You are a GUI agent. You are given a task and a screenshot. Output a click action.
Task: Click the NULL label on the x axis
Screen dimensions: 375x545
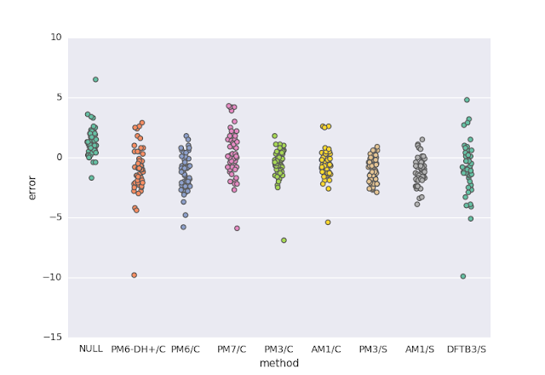pyautogui.click(x=91, y=349)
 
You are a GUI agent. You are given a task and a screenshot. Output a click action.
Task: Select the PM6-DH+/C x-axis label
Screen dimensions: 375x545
pyautogui.click(x=138, y=349)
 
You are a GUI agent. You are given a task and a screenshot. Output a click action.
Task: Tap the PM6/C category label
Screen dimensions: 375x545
pyautogui.click(x=185, y=349)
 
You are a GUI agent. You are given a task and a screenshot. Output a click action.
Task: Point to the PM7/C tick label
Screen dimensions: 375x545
pyautogui.click(x=232, y=349)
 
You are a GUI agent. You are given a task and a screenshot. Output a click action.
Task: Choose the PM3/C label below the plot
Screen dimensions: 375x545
pyautogui.click(x=278, y=349)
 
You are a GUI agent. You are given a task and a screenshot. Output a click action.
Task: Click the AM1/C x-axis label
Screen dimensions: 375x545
pyautogui.click(x=325, y=349)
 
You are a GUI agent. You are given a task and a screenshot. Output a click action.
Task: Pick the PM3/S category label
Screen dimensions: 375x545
pyautogui.click(x=372, y=349)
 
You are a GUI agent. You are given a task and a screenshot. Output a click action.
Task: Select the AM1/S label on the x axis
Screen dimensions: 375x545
pyautogui.click(x=419, y=349)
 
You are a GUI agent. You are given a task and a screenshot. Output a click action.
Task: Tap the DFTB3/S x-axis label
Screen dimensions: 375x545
pyautogui.click(x=467, y=349)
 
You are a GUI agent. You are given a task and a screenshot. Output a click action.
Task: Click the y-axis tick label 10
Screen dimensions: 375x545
pyautogui.click(x=56, y=37)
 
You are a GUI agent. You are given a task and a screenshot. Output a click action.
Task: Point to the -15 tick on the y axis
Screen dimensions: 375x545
pyautogui.click(x=53, y=337)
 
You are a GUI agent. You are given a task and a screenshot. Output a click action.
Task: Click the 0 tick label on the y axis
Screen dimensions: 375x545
pyautogui.click(x=59, y=158)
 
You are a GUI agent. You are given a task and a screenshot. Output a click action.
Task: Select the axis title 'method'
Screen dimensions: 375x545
pyautogui.click(x=278, y=363)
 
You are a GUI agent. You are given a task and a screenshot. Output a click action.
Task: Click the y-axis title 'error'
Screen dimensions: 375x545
pyautogui.click(x=32, y=187)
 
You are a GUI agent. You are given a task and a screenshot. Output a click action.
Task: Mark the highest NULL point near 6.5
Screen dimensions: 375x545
pyautogui.click(x=95, y=79)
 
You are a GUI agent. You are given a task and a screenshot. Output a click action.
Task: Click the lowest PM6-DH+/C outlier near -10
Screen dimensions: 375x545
pyautogui.click(x=135, y=275)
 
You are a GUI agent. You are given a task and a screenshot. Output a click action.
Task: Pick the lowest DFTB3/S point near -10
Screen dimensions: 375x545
pyautogui.click(x=463, y=276)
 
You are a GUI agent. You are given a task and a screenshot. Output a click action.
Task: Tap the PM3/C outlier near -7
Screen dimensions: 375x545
pyautogui.click(x=284, y=240)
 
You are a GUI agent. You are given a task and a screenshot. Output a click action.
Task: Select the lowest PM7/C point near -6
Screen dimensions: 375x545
pyautogui.click(x=237, y=228)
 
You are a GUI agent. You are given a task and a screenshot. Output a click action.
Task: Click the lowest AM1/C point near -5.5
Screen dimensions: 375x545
pyautogui.click(x=328, y=222)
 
